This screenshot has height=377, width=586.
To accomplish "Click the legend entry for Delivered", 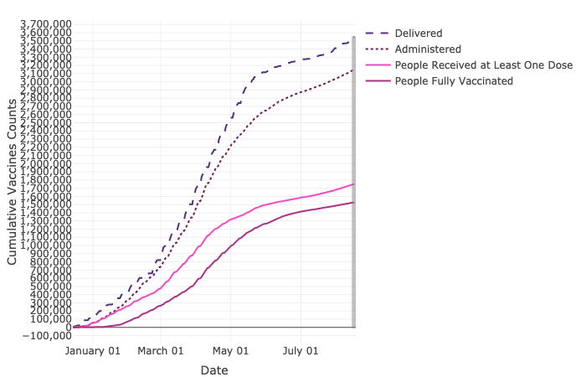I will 419,33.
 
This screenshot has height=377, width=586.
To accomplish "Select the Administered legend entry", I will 428,49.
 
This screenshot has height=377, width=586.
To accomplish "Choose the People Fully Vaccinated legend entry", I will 453,80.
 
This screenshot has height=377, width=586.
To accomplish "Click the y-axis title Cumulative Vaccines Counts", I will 13,181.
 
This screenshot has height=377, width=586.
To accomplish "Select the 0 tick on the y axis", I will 67,328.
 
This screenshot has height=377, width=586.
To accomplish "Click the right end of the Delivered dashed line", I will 353,38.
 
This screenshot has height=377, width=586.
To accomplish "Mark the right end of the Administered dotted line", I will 353,70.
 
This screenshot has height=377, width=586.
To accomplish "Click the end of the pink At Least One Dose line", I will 353,184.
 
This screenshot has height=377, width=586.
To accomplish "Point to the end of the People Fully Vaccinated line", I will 353,203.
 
